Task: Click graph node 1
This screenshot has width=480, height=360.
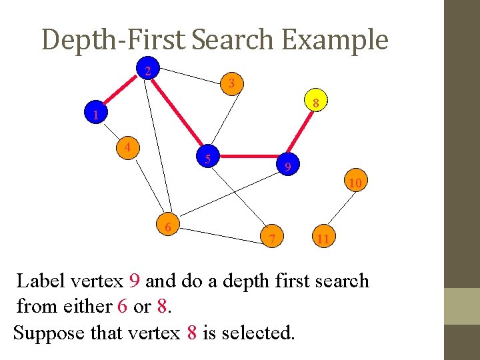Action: tap(96, 115)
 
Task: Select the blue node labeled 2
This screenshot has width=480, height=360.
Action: tap(148, 71)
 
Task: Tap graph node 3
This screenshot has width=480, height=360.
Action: tap(231, 84)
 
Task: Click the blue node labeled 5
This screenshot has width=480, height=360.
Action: tap(209, 158)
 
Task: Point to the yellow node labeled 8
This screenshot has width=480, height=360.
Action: tap(317, 102)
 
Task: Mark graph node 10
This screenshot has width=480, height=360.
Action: tap(355, 182)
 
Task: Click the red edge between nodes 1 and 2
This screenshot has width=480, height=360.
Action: tap(122, 93)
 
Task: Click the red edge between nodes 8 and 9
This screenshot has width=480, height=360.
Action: tap(301, 133)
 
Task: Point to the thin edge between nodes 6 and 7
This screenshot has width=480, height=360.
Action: tap(220, 233)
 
